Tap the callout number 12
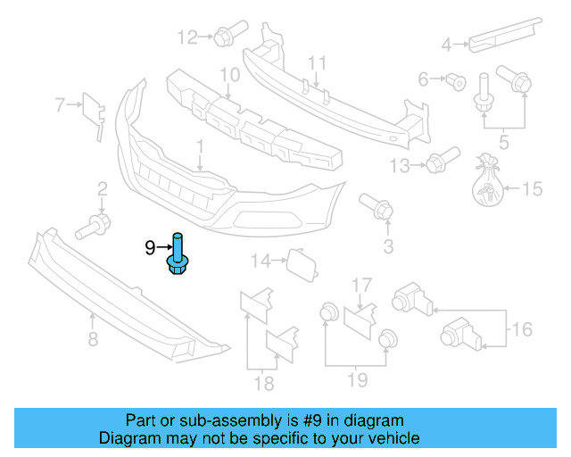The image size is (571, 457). click(187, 37)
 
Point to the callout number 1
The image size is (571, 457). click(201, 145)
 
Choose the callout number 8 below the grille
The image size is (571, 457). click(91, 339)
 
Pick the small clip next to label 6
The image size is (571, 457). click(456, 80)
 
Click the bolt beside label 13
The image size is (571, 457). click(435, 164)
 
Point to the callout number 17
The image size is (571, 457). click(360, 286)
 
